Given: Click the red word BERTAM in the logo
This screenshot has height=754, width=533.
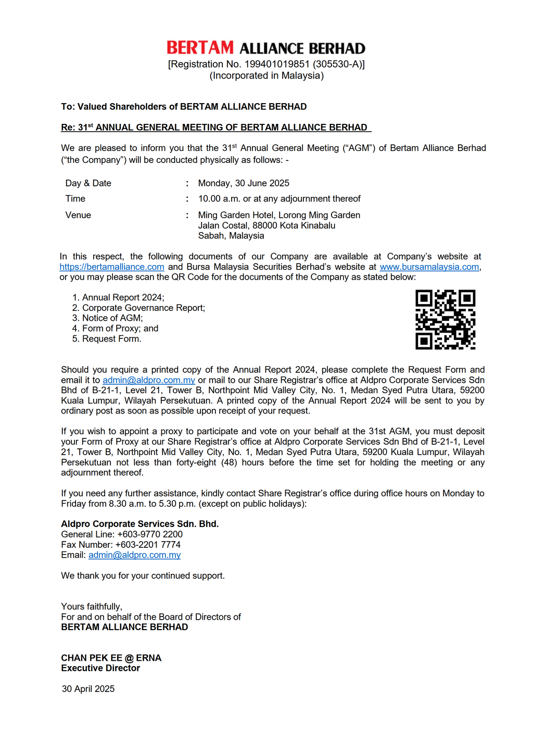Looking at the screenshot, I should point(200,48).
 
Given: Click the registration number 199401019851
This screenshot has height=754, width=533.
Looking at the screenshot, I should point(277,64).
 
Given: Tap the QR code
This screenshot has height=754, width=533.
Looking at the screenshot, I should point(445,319).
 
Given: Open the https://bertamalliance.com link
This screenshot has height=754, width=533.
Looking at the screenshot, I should point(112,267).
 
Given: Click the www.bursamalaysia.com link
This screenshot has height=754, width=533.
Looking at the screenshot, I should point(429,267).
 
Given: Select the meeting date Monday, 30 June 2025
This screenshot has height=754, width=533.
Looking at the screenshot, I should point(244,183).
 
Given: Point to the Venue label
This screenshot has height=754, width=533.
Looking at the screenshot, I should point(78,215).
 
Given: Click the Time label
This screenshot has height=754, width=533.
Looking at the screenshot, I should point(75,198).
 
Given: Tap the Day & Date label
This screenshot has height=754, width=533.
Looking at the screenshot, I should point(88,183).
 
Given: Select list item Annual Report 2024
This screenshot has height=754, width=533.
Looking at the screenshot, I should point(123,297).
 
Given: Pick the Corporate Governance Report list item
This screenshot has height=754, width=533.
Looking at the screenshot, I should point(143,308).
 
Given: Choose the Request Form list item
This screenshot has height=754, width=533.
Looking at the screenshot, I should point(111,338).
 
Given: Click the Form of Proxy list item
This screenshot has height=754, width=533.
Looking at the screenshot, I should point(120,328).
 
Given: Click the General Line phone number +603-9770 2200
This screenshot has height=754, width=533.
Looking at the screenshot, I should point(150,534).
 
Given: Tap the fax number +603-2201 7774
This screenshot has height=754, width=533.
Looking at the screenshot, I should point(148,545).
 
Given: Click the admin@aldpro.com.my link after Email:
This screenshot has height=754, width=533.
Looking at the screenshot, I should point(134,555).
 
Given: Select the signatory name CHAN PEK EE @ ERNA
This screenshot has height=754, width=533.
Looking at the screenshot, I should point(111,658).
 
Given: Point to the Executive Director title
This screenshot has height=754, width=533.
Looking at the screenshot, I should point(100,668).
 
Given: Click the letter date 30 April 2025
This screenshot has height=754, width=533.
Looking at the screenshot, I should point(88,689).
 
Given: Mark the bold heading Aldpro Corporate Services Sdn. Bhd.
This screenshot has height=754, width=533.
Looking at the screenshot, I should point(139,524).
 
